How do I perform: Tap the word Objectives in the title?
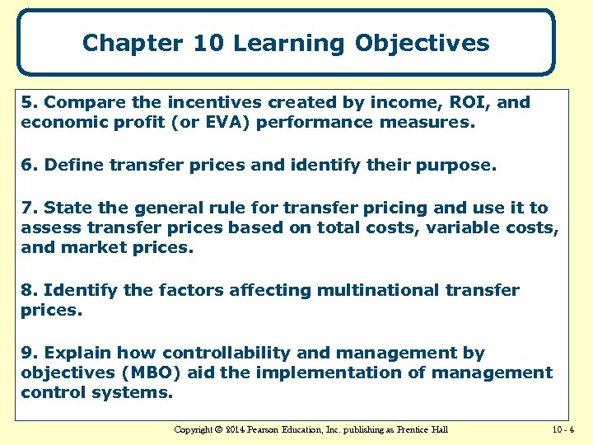423,43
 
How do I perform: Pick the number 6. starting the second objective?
30,165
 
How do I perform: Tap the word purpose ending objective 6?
457,165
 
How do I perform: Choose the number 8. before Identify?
30,290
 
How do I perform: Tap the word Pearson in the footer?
272,429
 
